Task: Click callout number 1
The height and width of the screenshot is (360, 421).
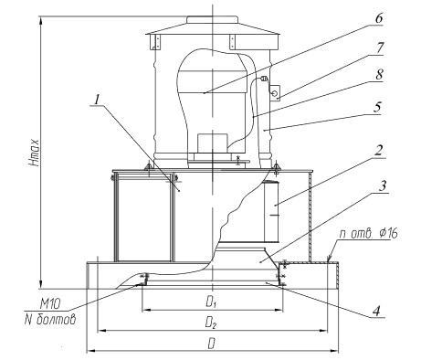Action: click(97, 100)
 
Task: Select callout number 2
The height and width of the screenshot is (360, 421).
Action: click(378, 150)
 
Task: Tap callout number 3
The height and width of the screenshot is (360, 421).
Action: click(383, 185)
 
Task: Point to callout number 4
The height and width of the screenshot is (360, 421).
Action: click(377, 311)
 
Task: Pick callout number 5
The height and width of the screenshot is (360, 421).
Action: click(377, 107)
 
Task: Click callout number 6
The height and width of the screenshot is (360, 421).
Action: click(378, 18)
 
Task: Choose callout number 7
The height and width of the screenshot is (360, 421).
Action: click(380, 48)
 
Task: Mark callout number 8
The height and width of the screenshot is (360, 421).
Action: click(379, 74)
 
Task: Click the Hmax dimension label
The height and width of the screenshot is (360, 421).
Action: click(35, 153)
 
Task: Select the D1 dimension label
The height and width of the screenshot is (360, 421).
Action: click(211, 302)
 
